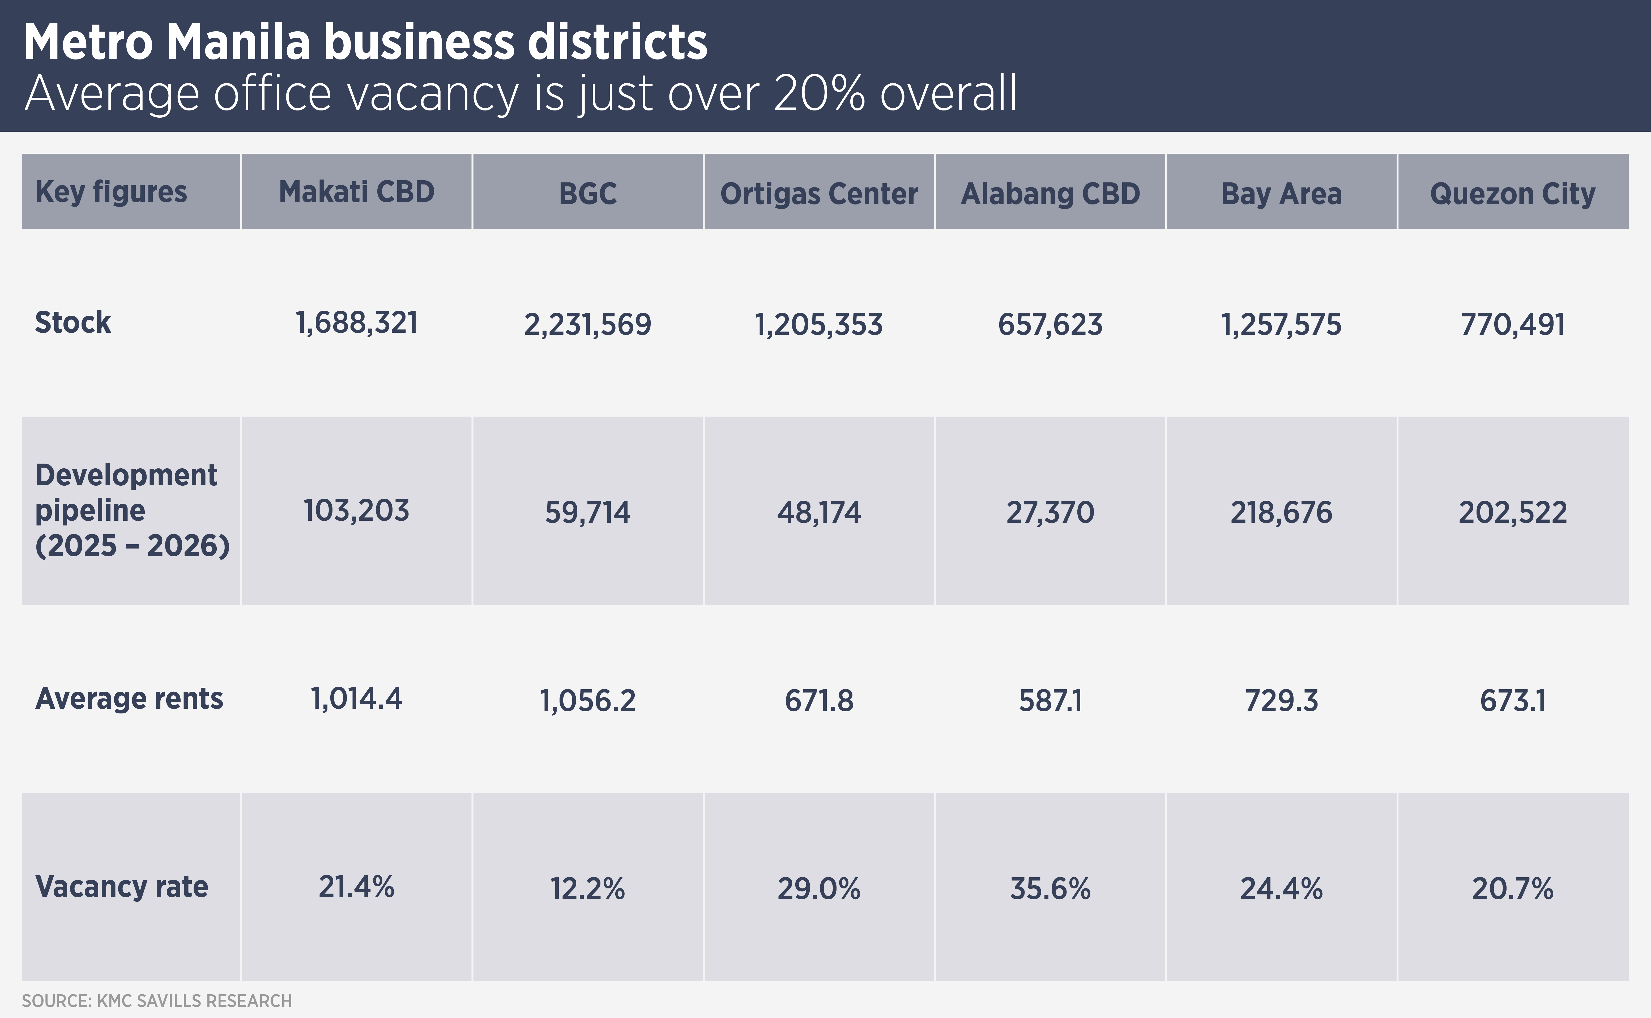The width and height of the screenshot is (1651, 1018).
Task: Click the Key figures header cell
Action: [111, 192]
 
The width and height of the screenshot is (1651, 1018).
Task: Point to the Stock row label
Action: [73, 323]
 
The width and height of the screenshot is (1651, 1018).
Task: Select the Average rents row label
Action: [129, 698]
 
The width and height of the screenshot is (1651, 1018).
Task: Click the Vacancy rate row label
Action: [121, 887]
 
